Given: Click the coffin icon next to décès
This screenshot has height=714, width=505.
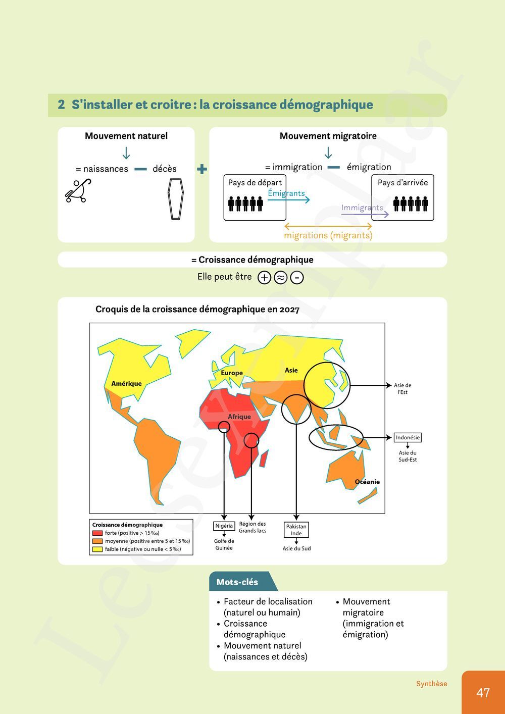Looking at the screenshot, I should pos(175,199).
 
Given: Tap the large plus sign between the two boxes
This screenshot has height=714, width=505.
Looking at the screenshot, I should pos(202,169).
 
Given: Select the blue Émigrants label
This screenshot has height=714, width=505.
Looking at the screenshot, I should pos(286,193).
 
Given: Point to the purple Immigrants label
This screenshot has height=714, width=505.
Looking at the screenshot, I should pos(362,208).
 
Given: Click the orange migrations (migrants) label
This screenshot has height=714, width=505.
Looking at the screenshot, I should pos(328,235).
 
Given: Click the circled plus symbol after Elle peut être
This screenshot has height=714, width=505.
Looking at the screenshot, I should pos(264,278).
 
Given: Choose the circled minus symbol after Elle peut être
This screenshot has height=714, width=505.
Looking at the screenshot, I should pos(297,278).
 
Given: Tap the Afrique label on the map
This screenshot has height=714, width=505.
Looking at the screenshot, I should pos(239,417).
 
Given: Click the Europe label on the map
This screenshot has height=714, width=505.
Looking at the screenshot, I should pos(232,373).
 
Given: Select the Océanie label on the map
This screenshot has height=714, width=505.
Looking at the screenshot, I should pos(367,482).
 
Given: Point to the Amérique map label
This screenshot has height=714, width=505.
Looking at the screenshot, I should pos(126,384).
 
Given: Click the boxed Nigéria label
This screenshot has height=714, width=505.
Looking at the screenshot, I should pos(224,526).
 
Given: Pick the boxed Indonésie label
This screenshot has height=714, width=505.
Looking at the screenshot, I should pos(408,438).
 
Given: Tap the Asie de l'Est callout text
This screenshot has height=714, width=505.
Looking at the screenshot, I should pos(402,389).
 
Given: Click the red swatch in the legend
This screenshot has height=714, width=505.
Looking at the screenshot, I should pos(97,533).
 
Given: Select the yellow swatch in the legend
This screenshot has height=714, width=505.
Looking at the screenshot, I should pos(97,549).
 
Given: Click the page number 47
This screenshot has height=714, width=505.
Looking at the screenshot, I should pos(483,692).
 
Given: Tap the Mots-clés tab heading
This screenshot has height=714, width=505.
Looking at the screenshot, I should pos(237,582).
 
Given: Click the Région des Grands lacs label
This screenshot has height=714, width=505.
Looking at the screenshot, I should pos(252,527).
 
